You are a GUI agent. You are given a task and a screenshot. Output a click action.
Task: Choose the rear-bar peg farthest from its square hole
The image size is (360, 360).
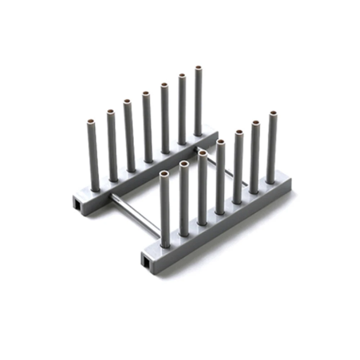point(198,101)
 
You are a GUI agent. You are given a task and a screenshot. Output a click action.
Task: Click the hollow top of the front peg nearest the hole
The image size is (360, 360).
point(164,174)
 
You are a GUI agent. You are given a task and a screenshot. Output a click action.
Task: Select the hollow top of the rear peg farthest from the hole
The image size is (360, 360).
point(198,68)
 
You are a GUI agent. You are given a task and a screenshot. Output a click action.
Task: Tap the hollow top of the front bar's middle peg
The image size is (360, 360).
point(220,141)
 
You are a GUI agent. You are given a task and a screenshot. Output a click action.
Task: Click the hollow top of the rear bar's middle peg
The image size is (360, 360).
point(146,94)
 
